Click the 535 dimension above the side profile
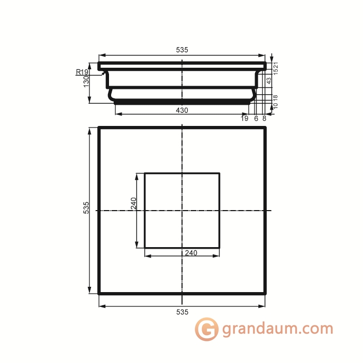tap(181, 50)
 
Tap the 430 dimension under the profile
tap(181, 110)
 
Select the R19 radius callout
tap(82, 72)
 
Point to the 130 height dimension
tap(86, 83)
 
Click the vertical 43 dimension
tap(269, 80)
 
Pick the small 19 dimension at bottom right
tap(244, 119)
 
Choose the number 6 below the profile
tap(256, 119)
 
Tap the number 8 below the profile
tap(264, 119)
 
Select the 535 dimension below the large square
tap(181, 312)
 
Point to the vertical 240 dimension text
tap(133, 203)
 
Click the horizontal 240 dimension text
tap(191, 253)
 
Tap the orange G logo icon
tap(206, 329)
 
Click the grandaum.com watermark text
tap(277, 329)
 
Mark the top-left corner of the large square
tap(99, 128)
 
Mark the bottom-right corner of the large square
tap(265, 293)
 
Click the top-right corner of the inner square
tap(219, 173)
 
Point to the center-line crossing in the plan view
tap(182, 211)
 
